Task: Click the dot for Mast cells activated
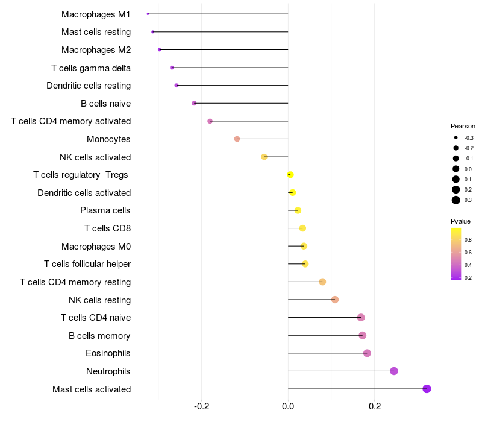pos(427,389)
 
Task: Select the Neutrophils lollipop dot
pos(394,371)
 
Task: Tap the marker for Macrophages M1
pos(148,14)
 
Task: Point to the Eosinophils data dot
pos(367,353)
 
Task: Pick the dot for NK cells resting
pos(335,300)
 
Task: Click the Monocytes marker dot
pos(237,139)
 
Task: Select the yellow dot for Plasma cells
pos(298,210)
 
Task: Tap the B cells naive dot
pos(194,103)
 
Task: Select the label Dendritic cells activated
pos(84,193)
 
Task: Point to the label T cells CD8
pos(107,228)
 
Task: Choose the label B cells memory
pos(99,335)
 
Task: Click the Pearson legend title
pos(463,127)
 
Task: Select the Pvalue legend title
pos(461,221)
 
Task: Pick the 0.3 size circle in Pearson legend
pos(456,200)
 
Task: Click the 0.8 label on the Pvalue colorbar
pos(468,240)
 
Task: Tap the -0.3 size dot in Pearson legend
pos(456,138)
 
